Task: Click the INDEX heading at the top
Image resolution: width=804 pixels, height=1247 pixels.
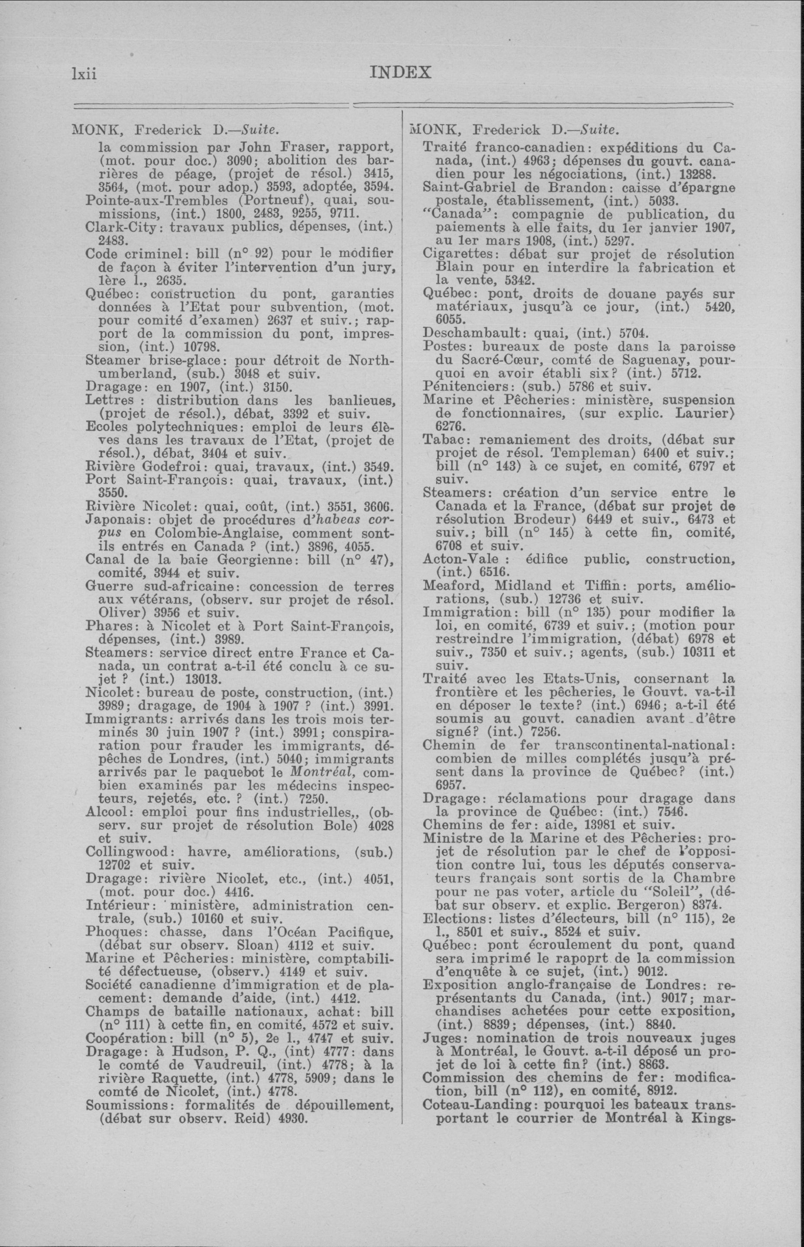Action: pos(400,72)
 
